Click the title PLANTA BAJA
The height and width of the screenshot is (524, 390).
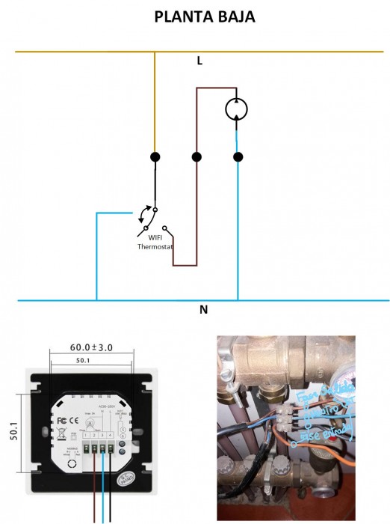pyautogui.click(x=204, y=16)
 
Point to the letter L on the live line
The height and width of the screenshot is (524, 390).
pyautogui.click(x=199, y=61)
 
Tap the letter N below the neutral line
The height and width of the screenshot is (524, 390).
pyautogui.click(x=203, y=309)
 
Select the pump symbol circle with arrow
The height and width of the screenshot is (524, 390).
pyautogui.click(x=237, y=109)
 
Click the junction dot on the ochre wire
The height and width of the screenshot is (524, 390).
pyautogui.click(x=155, y=157)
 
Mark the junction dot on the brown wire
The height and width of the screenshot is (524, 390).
pyautogui.click(x=196, y=157)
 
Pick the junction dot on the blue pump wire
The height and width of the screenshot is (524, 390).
pyautogui.click(x=238, y=157)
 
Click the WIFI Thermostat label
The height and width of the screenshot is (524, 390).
pyautogui.click(x=155, y=242)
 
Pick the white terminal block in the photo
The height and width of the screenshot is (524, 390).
pyautogui.click(x=288, y=416)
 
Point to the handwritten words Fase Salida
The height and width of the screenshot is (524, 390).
pyautogui.click(x=316, y=395)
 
